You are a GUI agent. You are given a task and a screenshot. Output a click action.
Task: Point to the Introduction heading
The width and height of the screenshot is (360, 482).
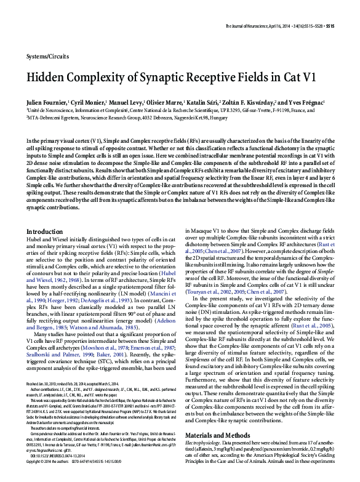47,248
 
